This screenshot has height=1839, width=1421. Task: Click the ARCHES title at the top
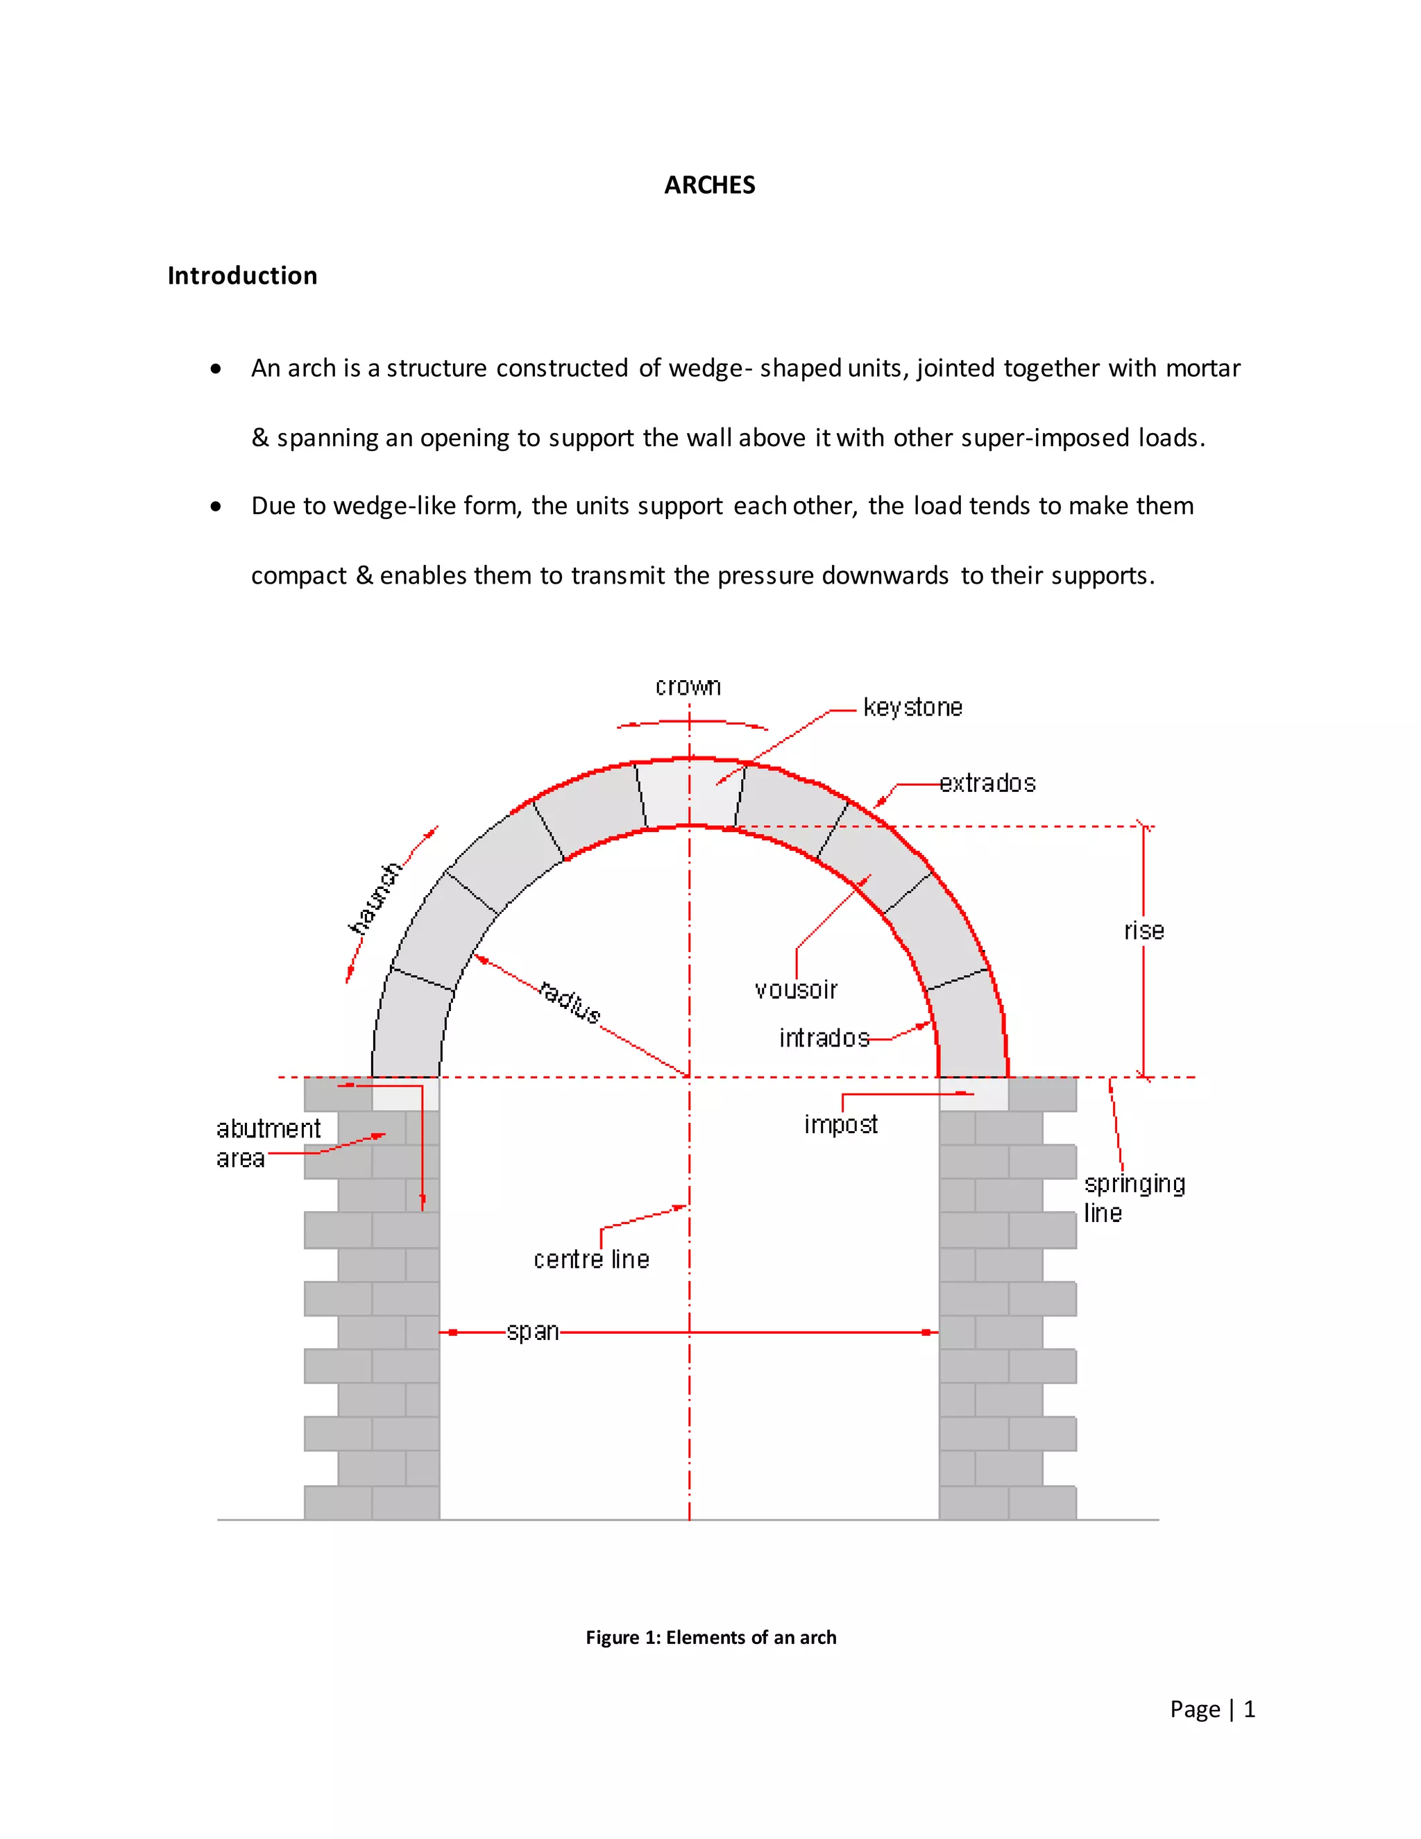click(x=710, y=185)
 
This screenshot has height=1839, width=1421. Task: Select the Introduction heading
click(x=242, y=276)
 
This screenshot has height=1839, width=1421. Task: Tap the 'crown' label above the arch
click(x=688, y=687)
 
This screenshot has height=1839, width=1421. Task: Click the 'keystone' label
click(x=912, y=707)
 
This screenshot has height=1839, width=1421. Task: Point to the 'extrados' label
click(x=987, y=784)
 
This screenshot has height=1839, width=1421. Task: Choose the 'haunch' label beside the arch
click(x=375, y=899)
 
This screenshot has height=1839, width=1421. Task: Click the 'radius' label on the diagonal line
click(x=570, y=1001)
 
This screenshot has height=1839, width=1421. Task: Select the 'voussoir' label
click(x=796, y=990)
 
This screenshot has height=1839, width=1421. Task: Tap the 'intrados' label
click(x=824, y=1038)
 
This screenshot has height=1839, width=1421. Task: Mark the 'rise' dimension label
click(x=1144, y=931)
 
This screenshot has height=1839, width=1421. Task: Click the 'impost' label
click(x=840, y=1125)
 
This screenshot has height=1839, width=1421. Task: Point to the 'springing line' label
click(x=1133, y=1198)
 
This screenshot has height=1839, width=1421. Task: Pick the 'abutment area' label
click(x=268, y=1144)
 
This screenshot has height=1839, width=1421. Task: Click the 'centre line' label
click(x=591, y=1260)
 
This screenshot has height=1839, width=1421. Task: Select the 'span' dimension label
click(x=532, y=1332)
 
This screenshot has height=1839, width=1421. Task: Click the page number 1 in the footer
click(x=1249, y=1709)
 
